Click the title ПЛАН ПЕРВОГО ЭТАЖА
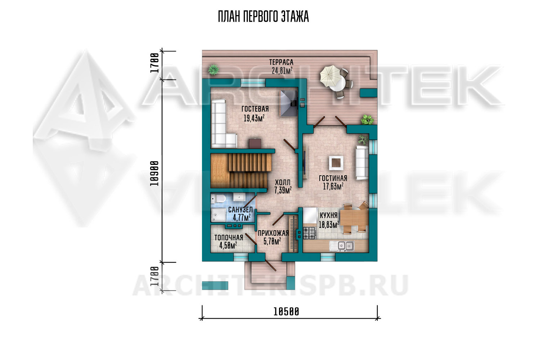pyautogui.click(x=263, y=17)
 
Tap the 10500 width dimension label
pyautogui.click(x=286, y=312)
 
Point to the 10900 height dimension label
pyautogui.click(x=154, y=174)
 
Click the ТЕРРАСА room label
pyautogui.click(x=281, y=62)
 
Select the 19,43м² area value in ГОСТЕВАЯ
pyautogui.click(x=254, y=118)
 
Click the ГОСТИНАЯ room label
pyautogui.click(x=333, y=178)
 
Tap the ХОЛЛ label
pyautogui.click(x=283, y=182)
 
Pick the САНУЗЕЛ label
pyautogui.click(x=240, y=210)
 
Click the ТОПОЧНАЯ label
pyautogui.click(x=229, y=238)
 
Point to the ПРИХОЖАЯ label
pyautogui.click(x=273, y=233)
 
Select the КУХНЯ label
pyautogui.click(x=328, y=215)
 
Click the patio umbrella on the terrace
pyautogui.click(x=330, y=76)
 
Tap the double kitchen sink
pyautogui.click(x=342, y=246)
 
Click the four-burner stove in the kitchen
pyautogui.click(x=310, y=233)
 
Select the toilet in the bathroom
pyautogui.click(x=218, y=199)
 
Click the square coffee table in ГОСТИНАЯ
pyautogui.click(x=336, y=163)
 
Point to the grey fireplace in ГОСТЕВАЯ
pyautogui.click(x=289, y=103)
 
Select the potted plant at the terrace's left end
pyautogui.click(x=213, y=70)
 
